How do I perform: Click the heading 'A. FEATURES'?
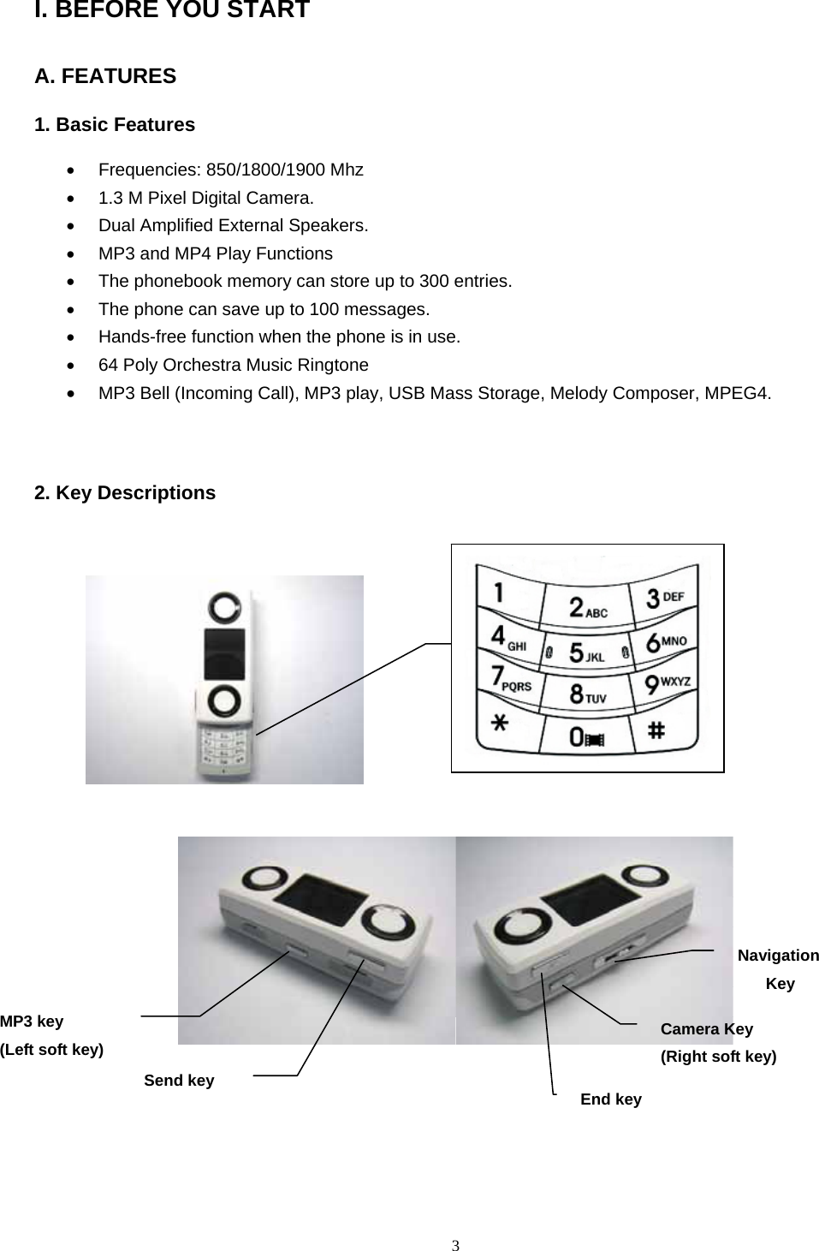pos(105,76)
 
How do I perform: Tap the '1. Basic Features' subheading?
pos(115,125)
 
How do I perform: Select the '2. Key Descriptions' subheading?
pos(125,493)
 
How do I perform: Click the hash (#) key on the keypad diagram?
pos(656,730)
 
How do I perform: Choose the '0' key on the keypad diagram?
pos(585,736)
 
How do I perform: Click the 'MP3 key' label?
pos(32,1021)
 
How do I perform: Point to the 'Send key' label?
pos(179,1081)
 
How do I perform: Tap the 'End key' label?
pos(611,1099)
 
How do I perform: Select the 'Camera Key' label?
pos(707,1029)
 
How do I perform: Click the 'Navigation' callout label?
pos(778,956)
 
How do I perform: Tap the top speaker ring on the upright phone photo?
pos(225,606)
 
